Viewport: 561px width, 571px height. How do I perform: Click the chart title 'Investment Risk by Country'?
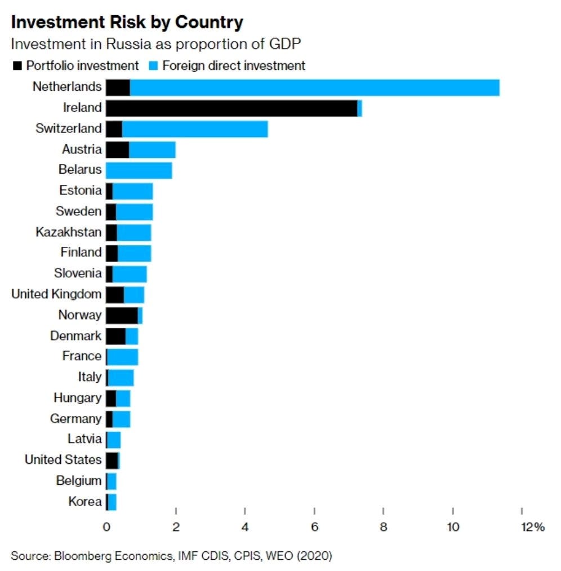(127, 23)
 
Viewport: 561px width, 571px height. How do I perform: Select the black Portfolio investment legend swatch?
(17, 66)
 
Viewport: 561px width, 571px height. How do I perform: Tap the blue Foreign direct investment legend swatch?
(153, 66)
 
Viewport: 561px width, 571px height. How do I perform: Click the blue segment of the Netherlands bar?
(314, 87)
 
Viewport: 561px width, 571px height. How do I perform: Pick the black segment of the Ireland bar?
(231, 108)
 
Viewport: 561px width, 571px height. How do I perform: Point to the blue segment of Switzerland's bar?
(195, 129)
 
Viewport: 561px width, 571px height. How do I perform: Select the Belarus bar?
(139, 170)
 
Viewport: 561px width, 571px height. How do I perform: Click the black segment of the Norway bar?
(122, 315)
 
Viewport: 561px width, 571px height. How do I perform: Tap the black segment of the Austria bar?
(117, 149)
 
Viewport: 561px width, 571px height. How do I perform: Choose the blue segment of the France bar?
(123, 356)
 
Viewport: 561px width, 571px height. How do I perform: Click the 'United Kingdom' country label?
(56, 294)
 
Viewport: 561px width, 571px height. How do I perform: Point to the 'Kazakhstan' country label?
(68, 232)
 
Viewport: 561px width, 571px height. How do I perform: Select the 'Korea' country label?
(85, 501)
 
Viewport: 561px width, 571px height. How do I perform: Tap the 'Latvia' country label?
(84, 439)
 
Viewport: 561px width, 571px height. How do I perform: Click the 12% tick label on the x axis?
(532, 528)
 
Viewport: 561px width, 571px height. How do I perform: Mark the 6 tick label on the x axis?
(314, 528)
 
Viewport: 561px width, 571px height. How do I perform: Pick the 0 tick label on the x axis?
(106, 528)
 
